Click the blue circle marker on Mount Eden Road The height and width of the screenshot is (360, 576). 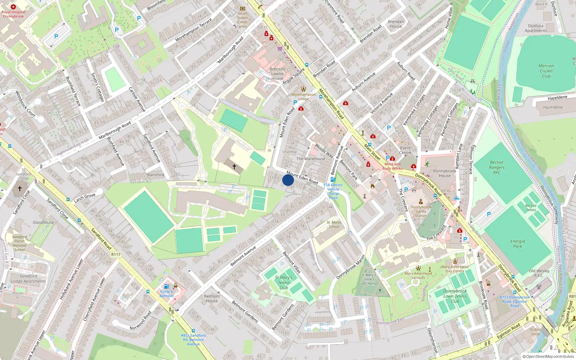[x=288, y=180]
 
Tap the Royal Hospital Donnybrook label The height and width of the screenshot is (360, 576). [x=13, y=14]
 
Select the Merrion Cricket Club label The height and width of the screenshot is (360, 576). [x=546, y=71]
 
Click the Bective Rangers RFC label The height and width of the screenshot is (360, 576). [x=496, y=167]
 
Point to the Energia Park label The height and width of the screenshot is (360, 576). [x=517, y=244]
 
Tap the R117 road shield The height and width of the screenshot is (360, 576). [x=116, y=255]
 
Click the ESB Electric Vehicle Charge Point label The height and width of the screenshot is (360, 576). [x=333, y=191]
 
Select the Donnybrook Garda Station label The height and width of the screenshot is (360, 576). [x=420, y=211]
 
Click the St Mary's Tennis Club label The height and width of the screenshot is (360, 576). [x=284, y=283]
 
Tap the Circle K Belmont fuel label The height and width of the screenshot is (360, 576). [x=167, y=293]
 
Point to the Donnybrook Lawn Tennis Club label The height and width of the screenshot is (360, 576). [x=455, y=296]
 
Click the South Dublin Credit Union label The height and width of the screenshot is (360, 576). [x=242, y=20]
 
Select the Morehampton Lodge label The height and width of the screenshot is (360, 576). [x=303, y=96]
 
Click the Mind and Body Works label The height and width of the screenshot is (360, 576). [x=392, y=166]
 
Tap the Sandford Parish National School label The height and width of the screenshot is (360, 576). [x=19, y=243]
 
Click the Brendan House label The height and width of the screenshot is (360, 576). [x=396, y=24]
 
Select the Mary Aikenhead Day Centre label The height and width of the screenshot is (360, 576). [x=455, y=269]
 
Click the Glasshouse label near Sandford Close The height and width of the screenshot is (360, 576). [x=43, y=222]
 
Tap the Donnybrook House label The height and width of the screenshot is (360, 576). [x=445, y=174]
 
